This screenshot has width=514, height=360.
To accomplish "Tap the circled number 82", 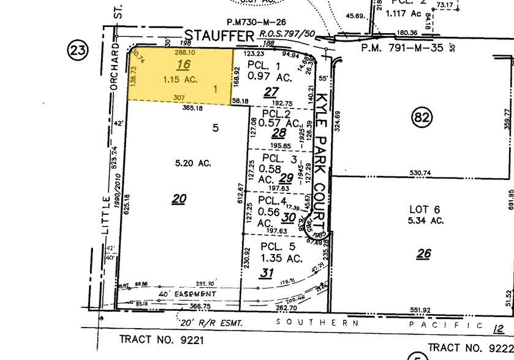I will point(422,116).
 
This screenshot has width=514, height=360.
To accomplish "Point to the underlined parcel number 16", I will point(183,65).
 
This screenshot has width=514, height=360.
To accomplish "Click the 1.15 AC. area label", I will point(181,80).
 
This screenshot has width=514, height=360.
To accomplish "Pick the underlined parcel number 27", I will point(271,92).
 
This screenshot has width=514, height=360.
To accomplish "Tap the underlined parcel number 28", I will point(279,133).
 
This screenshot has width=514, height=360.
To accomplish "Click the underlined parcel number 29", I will point(285,178).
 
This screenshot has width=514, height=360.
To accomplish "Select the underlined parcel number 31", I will point(266,272).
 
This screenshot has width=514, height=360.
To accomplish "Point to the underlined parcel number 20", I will point(179,198).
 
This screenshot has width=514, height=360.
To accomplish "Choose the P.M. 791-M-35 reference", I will point(402,47).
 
